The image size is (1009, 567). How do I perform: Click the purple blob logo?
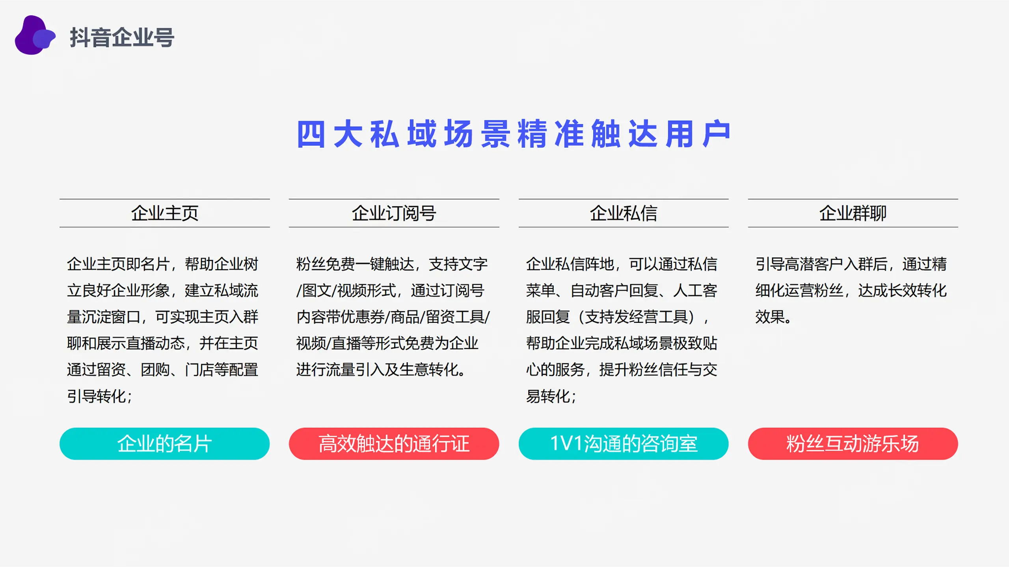click(x=35, y=35)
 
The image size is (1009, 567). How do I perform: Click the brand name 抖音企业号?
click(x=122, y=37)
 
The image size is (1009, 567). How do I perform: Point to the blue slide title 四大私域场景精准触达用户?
click(x=514, y=134)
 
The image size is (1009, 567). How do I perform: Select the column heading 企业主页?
click(x=165, y=213)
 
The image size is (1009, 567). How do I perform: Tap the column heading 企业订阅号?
click(x=394, y=213)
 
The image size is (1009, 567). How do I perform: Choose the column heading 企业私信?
click(x=624, y=213)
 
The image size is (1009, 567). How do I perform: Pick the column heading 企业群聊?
click(x=853, y=213)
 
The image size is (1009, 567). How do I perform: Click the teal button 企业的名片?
click(x=164, y=444)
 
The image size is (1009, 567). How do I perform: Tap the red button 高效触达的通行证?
click(x=394, y=444)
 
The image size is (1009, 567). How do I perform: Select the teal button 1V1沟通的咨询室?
click(x=624, y=444)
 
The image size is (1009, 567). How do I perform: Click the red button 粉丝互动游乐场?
click(x=853, y=444)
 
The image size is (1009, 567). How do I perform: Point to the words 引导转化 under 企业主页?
click(x=96, y=396)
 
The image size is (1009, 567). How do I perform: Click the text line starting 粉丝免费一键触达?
click(x=392, y=264)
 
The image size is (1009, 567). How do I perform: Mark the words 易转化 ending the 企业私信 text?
click(x=548, y=396)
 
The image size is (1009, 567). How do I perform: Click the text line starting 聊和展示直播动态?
click(x=162, y=343)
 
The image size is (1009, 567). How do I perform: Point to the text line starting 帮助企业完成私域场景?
click(x=622, y=343)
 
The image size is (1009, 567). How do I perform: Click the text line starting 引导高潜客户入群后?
click(x=851, y=264)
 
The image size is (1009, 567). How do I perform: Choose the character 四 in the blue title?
click(x=311, y=134)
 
